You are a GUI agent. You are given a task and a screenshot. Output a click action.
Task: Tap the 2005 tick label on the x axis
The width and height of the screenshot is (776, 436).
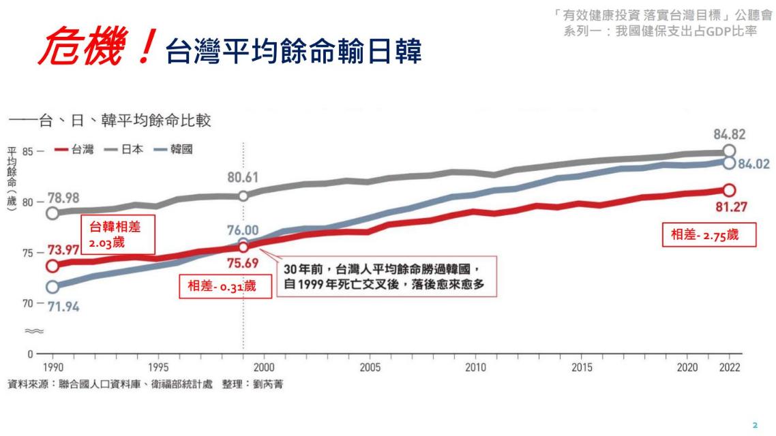pyautogui.click(x=369, y=367)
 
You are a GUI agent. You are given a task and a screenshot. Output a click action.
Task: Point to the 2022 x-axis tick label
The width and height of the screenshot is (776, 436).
pyautogui.click(x=728, y=367)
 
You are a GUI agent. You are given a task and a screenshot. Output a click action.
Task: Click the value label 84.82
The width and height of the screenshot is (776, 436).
pyautogui.click(x=728, y=134)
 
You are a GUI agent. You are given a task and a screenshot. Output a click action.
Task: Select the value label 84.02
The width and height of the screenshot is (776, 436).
pyautogui.click(x=755, y=164)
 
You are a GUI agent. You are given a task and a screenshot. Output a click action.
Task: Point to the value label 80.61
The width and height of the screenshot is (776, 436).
pyautogui.click(x=244, y=179)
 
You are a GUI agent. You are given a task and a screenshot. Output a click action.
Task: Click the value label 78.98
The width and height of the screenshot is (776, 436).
pyautogui.click(x=63, y=198)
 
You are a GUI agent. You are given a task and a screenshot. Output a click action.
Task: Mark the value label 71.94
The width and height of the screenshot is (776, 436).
pyautogui.click(x=63, y=307)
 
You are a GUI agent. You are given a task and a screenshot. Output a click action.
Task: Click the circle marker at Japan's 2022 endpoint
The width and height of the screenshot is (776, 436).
pyautogui.click(x=729, y=151)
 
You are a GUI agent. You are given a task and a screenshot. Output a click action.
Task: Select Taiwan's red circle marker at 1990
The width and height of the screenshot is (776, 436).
pyautogui.click(x=53, y=265)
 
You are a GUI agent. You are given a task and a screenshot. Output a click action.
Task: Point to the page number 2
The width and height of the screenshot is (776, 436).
pyautogui.click(x=754, y=423)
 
